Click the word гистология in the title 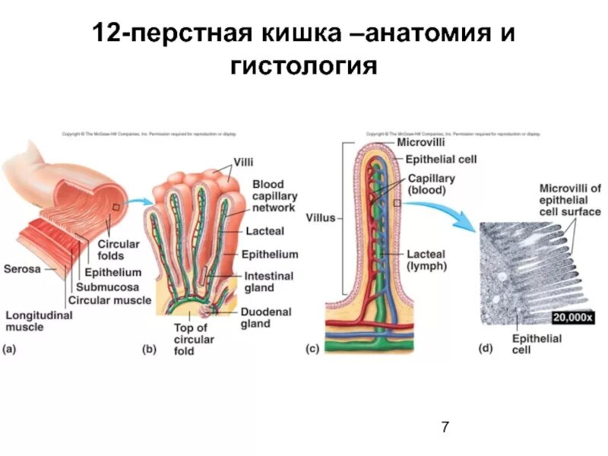click(303, 66)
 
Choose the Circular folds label click(118, 251)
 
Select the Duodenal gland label click(266, 318)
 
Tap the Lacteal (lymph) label click(426, 260)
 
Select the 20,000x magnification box click(572, 317)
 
